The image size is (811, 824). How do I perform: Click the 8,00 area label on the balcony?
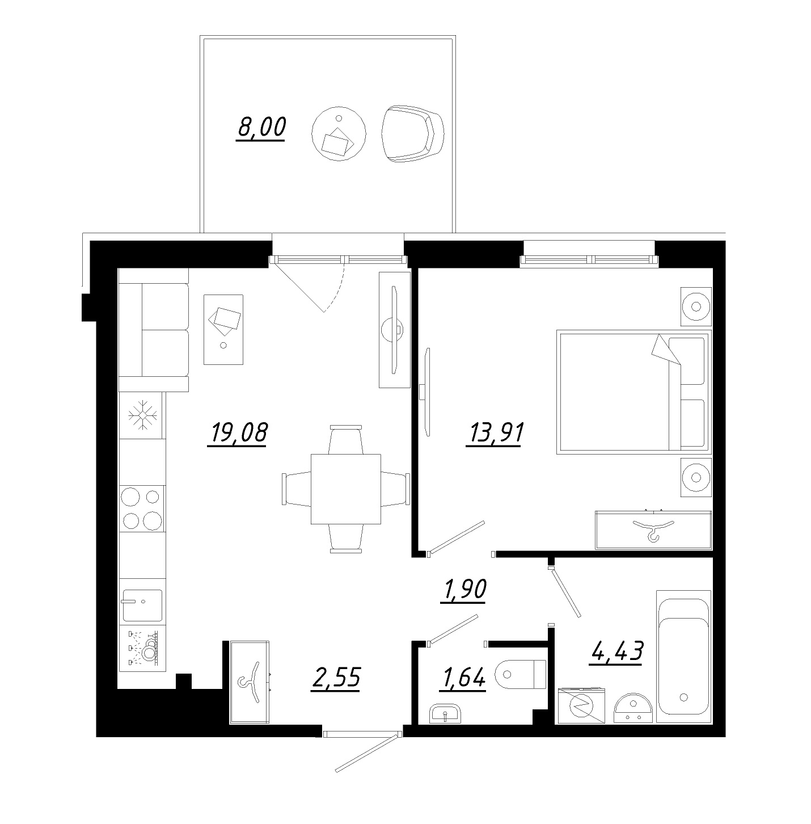click(x=261, y=128)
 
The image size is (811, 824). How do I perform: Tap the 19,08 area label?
click(x=238, y=432)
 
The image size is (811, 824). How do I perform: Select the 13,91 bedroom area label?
click(x=496, y=432)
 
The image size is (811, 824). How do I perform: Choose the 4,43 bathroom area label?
click(x=616, y=651)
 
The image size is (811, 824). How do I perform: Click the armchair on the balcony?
click(x=412, y=133)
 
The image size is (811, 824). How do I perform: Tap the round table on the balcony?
click(x=339, y=133)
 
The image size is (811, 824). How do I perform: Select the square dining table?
click(x=346, y=489)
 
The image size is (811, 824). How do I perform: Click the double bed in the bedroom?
click(x=634, y=392)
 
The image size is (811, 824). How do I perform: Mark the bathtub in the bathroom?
click(x=683, y=657)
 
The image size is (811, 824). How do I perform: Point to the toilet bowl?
click(x=520, y=674)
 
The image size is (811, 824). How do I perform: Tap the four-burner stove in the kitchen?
click(x=142, y=508)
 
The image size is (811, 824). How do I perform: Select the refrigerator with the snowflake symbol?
click(x=142, y=415)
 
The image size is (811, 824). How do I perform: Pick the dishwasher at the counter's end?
click(x=142, y=648)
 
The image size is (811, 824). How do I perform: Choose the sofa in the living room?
click(x=154, y=330)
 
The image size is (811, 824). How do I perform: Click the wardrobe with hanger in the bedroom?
click(x=654, y=530)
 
